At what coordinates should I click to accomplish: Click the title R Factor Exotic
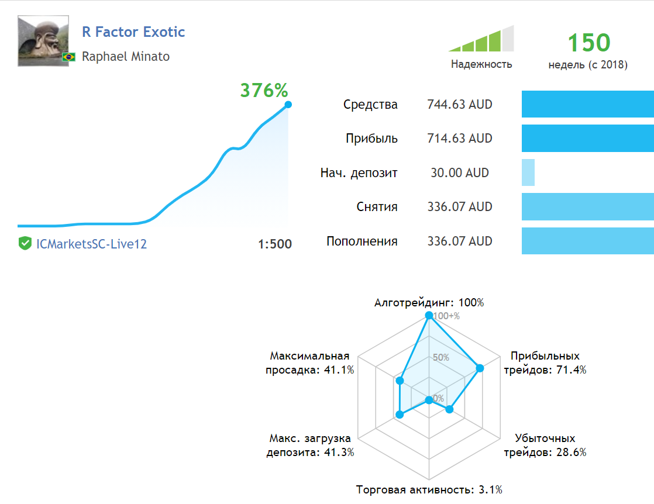pos(133,32)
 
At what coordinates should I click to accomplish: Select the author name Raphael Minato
pos(126,57)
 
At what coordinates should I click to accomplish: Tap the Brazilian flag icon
pos(69,57)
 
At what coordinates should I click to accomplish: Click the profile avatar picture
pos(43,41)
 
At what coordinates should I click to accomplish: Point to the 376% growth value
pos(264,90)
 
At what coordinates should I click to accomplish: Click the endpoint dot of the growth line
pos(288,105)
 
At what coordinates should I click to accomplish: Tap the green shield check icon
pos(25,244)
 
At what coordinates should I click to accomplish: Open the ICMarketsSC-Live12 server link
pos(91,244)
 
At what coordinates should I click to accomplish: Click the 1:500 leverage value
pos(274,244)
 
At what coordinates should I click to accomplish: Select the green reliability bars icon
pos(481,40)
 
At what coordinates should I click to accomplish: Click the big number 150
pos(588,43)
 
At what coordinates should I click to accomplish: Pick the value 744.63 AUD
pos(460,105)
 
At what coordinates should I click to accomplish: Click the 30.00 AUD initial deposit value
pos(459,173)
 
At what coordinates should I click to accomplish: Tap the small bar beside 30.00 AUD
pos(528,173)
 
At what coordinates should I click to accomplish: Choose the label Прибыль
pos(371,139)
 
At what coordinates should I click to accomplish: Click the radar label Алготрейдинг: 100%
pos(429,303)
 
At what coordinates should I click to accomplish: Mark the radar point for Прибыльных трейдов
pos(480,368)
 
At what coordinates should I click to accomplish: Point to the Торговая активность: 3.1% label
pos(429,489)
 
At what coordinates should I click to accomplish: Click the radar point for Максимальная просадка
pos(400,381)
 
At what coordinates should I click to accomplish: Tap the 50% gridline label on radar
pos(441,357)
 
